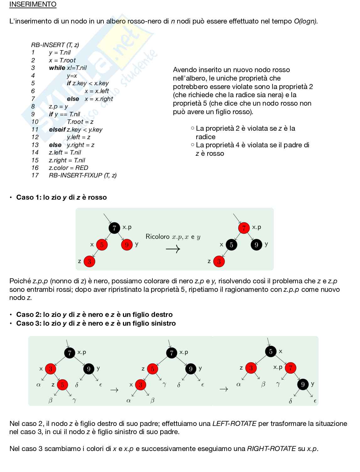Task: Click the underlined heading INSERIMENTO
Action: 33,4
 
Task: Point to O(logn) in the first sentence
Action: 305,21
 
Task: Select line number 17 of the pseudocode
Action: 35,175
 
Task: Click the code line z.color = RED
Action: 68,168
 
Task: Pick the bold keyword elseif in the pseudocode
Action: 57,129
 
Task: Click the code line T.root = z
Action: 80,122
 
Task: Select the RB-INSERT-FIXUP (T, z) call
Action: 82,175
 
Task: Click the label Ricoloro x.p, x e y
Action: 173,237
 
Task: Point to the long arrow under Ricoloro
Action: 173,249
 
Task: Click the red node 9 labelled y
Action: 127,244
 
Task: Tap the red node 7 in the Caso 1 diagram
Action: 244,228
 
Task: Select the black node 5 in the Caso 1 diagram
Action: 231,245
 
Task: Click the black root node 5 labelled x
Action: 271,351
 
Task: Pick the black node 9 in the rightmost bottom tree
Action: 303,384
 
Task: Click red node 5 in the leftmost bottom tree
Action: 62,385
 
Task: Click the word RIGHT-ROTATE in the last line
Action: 271,449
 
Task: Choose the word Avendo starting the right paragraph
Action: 184,70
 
